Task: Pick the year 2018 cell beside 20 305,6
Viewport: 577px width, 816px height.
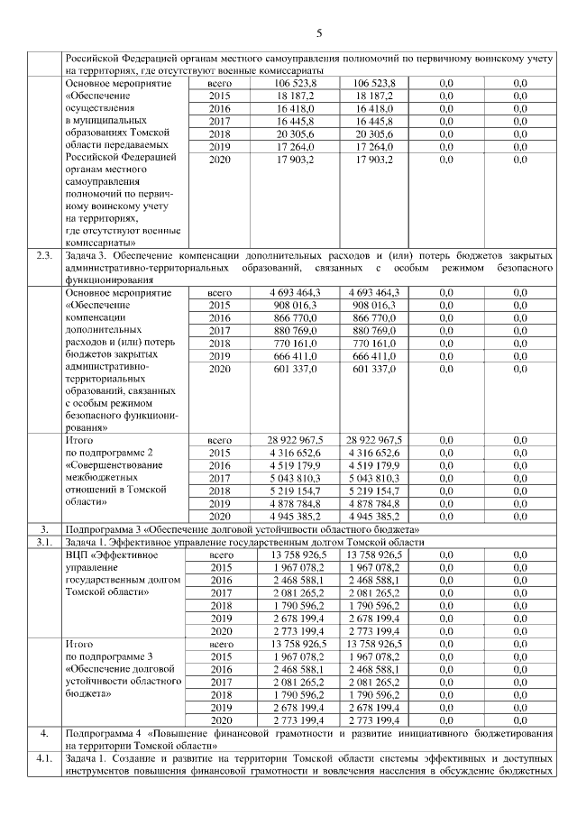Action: [220, 133]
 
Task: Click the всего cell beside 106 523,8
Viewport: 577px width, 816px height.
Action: [220, 82]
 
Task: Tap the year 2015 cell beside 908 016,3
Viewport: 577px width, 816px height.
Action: [220, 306]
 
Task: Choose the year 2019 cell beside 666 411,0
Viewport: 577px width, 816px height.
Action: [220, 356]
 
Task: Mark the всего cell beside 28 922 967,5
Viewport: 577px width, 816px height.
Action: [220, 439]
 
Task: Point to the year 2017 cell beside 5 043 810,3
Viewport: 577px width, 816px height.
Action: [220, 477]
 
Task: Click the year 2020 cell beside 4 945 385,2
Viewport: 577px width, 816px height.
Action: [220, 516]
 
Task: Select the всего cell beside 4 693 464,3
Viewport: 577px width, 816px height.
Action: [220, 293]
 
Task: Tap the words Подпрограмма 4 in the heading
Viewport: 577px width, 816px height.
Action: [103, 734]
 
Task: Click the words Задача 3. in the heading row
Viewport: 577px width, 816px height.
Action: [93, 256]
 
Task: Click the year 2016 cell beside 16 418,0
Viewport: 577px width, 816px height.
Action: [220, 107]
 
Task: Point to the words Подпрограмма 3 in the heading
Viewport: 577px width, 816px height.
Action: [103, 528]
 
